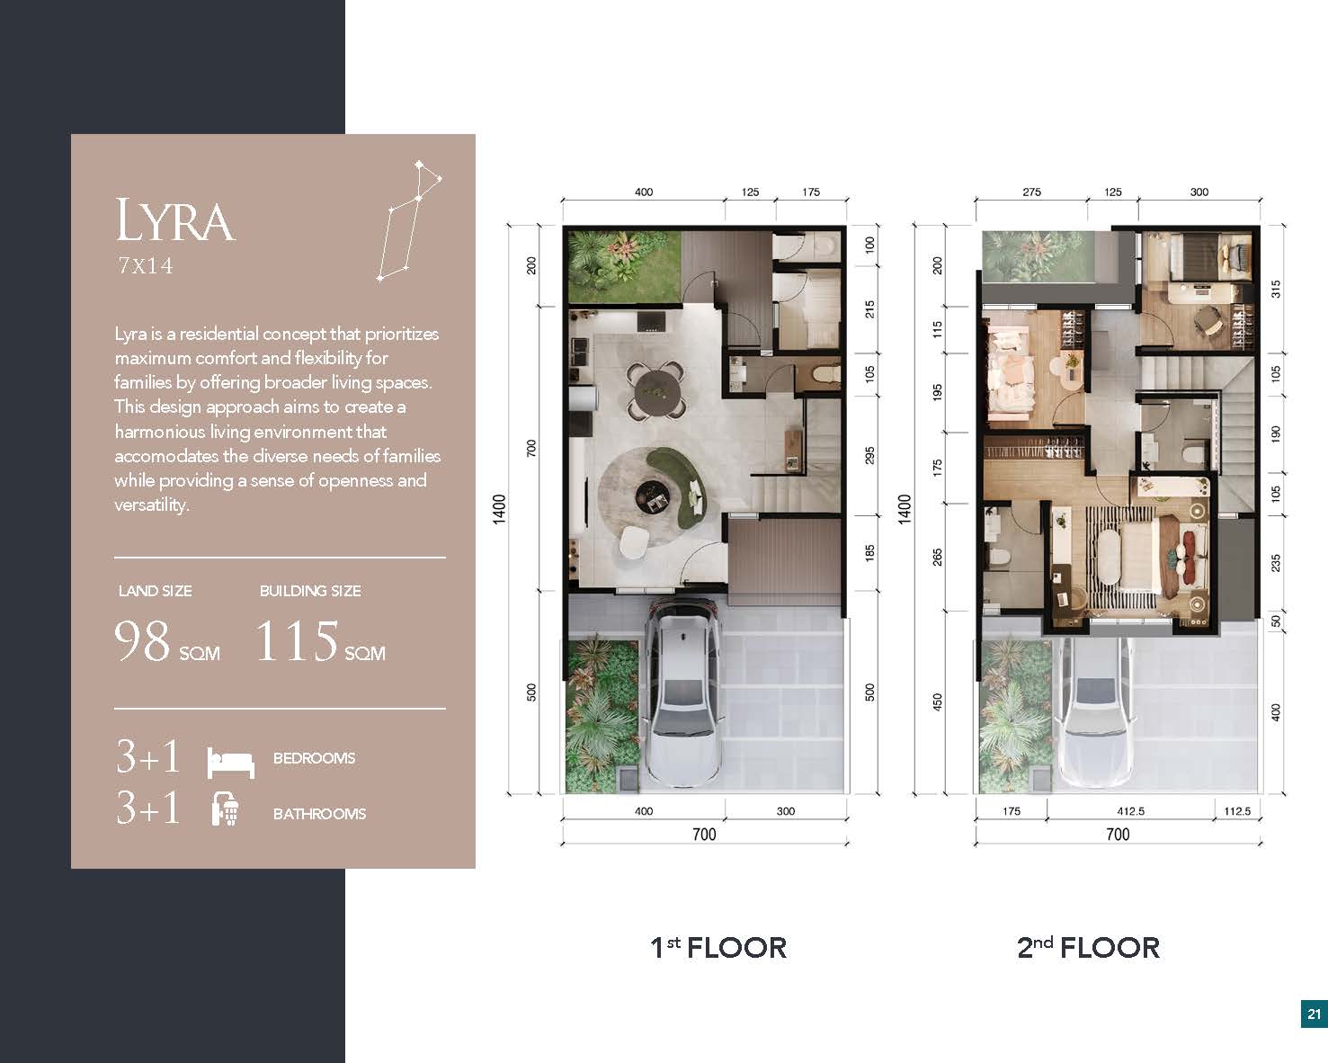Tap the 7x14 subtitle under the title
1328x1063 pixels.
[x=146, y=265]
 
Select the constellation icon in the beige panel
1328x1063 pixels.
[x=410, y=220]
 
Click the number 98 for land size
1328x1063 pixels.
[x=142, y=640]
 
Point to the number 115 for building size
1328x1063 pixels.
[x=297, y=640]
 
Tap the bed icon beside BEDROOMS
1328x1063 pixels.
[x=230, y=763]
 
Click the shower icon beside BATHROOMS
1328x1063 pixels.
[x=226, y=809]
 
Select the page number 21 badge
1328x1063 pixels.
[x=1314, y=1014]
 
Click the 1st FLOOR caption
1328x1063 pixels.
[x=719, y=948]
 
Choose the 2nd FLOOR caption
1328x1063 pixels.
[x=1089, y=948]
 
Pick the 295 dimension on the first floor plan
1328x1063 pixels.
[x=869, y=456]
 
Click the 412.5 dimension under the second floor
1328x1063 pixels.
[x=1130, y=811]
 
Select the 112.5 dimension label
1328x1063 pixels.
[x=1237, y=811]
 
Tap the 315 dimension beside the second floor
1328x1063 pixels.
[x=1276, y=289]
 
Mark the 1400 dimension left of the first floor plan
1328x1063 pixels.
[x=499, y=509]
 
